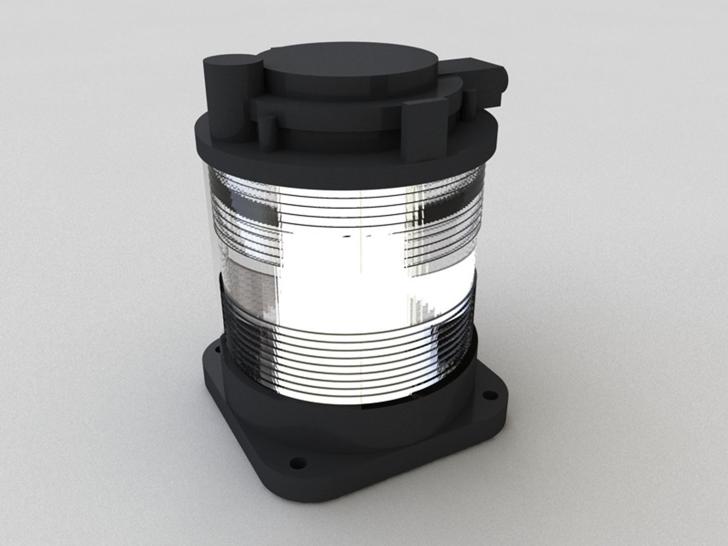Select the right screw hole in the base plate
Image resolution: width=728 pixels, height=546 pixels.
point(488,394)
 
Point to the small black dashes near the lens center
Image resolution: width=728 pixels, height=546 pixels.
point(354,236)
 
